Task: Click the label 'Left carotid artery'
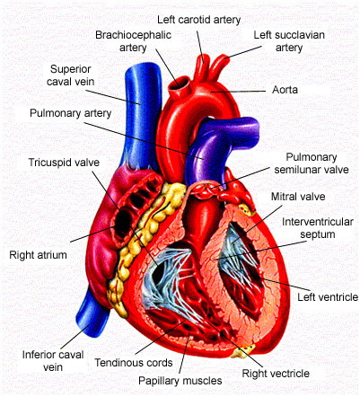tap(198, 20)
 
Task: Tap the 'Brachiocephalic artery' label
tap(133, 41)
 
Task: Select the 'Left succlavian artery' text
tap(289, 41)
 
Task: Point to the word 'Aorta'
tap(285, 90)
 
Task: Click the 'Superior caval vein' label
tap(71, 75)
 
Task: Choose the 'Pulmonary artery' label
tap(71, 113)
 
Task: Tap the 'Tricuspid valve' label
tap(64, 163)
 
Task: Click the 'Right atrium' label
tap(38, 255)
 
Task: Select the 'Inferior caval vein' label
tap(53, 361)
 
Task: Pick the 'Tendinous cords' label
tap(134, 363)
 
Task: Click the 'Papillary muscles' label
tap(180, 381)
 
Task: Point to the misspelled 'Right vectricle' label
tap(276, 374)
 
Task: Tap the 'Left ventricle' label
tap(328, 297)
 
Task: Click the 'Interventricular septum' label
tap(318, 228)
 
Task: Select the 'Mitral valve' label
tap(298, 197)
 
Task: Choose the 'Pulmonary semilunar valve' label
tap(312, 163)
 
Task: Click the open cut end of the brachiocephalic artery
tap(180, 84)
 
